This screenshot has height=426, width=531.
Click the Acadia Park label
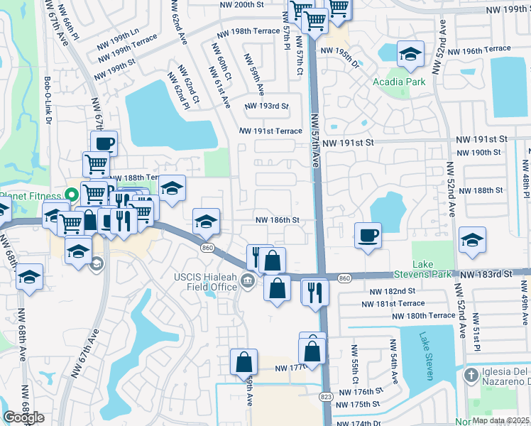(x=399, y=82)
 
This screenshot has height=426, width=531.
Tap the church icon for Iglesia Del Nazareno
(x=470, y=374)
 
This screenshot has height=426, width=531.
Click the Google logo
(x=23, y=417)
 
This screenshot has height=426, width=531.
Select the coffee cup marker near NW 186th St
(x=367, y=236)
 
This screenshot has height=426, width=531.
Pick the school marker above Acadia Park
(x=410, y=55)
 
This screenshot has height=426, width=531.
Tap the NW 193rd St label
(x=267, y=106)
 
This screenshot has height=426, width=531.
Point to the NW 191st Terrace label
(x=270, y=131)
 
